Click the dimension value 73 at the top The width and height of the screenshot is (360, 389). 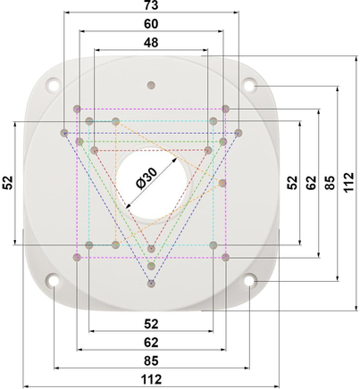[151, 5]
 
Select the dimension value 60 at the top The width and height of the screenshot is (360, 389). [151, 24]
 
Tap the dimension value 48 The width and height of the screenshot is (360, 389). [151, 43]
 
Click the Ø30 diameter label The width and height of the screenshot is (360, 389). [147, 178]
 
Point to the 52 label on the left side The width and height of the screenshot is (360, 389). [8, 183]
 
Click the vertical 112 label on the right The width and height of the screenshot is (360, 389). [348, 182]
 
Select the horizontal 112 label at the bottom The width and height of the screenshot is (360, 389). [151, 379]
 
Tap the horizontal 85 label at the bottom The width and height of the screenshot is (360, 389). [151, 360]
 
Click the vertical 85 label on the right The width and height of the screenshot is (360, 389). [330, 183]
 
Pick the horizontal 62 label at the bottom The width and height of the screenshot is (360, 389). [151, 343]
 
